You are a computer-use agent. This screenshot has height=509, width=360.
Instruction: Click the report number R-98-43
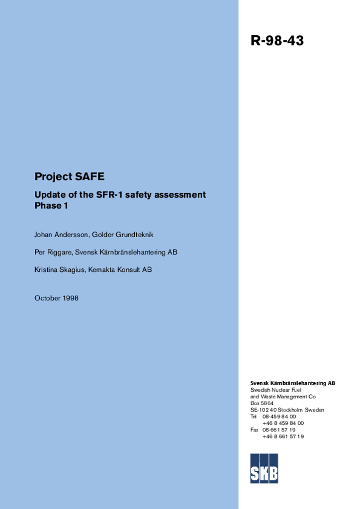click(277, 41)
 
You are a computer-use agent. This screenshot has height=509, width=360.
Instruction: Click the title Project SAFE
click(69, 176)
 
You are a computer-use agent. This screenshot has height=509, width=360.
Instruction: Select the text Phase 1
click(51, 206)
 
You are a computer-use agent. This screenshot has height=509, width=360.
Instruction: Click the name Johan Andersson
click(61, 235)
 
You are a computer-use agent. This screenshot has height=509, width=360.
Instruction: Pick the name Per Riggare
click(53, 252)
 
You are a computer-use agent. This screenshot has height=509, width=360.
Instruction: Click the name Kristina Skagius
click(59, 269)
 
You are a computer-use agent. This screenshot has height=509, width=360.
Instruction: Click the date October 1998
click(56, 298)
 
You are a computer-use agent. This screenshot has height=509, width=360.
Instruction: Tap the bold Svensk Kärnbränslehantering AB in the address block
click(292, 383)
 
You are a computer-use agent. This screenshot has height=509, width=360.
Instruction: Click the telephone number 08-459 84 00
click(279, 417)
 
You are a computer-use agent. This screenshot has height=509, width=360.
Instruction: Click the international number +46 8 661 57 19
click(283, 436)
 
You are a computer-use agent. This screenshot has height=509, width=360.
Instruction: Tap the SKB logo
click(264, 468)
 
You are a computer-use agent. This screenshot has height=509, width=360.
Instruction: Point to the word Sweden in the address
click(314, 410)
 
